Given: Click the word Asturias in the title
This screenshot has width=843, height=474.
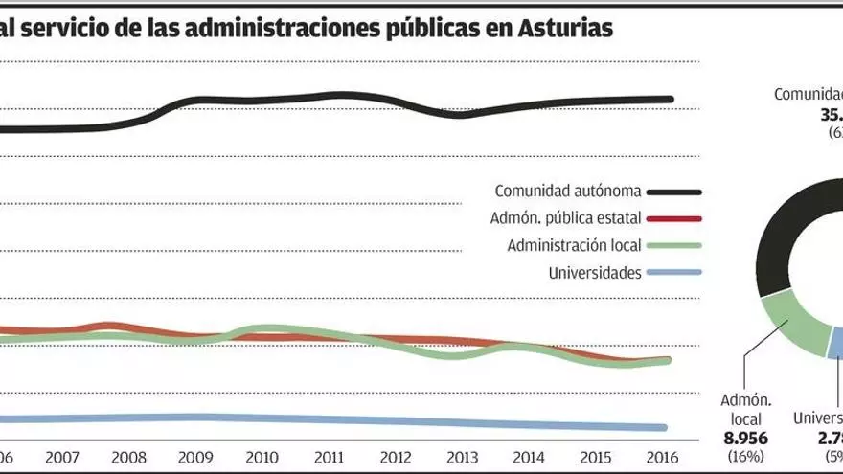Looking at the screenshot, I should [x=563, y=30].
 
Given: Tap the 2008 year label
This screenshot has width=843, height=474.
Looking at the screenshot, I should [x=128, y=457].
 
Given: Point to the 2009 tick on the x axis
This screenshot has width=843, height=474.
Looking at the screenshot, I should [x=195, y=457].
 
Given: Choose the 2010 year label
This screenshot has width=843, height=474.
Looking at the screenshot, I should [x=262, y=457].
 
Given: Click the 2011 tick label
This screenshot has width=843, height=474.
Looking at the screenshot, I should [x=330, y=457].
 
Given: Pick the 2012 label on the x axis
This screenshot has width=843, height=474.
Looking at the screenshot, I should [x=398, y=457].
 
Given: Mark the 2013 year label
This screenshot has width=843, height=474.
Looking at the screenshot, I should [x=465, y=457].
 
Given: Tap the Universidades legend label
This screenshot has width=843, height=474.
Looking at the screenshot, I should [x=594, y=273].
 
